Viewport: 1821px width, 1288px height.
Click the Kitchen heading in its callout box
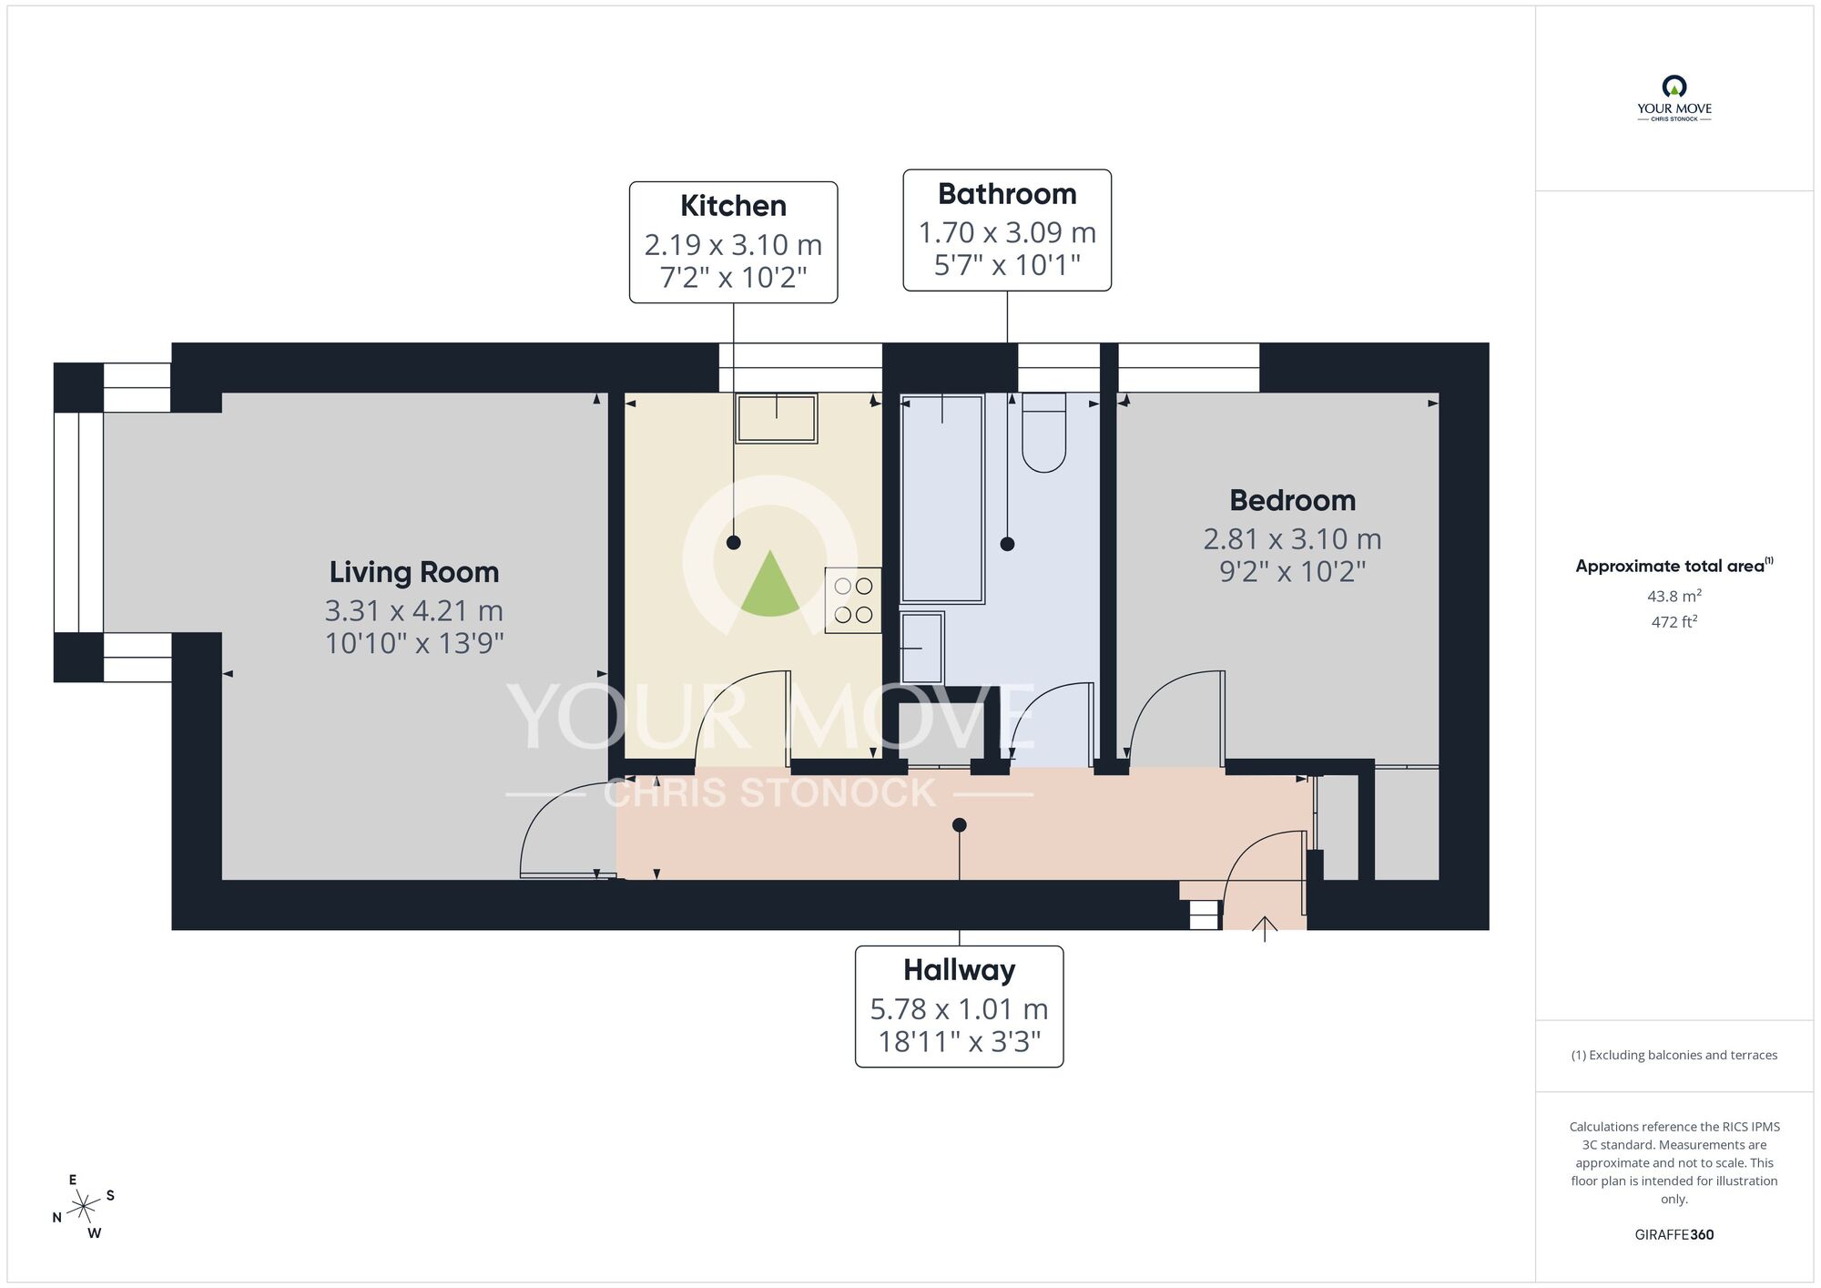733,206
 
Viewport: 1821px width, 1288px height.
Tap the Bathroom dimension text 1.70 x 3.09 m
1007,233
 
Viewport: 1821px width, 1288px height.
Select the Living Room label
414,572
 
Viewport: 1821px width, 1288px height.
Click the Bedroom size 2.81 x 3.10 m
1292,539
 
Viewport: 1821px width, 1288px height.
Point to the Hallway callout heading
959,970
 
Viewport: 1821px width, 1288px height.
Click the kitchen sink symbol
777,418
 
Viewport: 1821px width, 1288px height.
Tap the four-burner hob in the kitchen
853,600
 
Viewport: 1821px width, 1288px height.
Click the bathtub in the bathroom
942,499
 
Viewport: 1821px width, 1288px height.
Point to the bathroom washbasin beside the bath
922,649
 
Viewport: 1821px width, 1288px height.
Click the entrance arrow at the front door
1265,928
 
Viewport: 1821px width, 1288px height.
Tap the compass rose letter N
56,1218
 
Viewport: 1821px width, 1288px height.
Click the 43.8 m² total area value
1673,597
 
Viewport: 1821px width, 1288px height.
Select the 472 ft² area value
1673,622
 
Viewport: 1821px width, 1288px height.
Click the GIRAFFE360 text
1673,1235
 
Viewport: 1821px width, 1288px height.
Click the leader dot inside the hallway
959,825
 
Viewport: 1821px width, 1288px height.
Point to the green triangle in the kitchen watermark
770,586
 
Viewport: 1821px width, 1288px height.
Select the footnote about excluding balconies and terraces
1673,1055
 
